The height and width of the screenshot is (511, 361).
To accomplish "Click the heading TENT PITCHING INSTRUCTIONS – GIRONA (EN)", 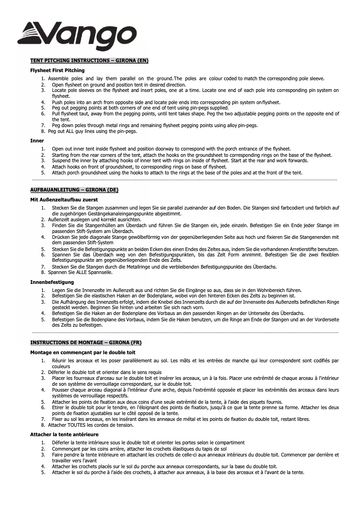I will [x=89, y=60].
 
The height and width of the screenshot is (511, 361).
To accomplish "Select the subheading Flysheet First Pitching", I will [x=57, y=70].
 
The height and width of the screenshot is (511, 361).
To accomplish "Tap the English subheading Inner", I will [x=37, y=141].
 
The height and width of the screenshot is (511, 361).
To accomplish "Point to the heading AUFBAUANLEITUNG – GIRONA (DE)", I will [x=74, y=190].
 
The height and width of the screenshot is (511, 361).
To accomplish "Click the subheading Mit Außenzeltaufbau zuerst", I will [x=64, y=199].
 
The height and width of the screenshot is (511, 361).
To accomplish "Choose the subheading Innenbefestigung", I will [x=52, y=282].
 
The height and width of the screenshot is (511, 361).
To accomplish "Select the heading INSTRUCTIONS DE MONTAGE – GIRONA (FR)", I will [x=86, y=342].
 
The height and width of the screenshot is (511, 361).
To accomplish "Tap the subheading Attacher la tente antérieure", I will [x=64, y=434].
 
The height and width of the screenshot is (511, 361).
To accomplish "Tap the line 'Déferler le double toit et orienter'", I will [x=104, y=372].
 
